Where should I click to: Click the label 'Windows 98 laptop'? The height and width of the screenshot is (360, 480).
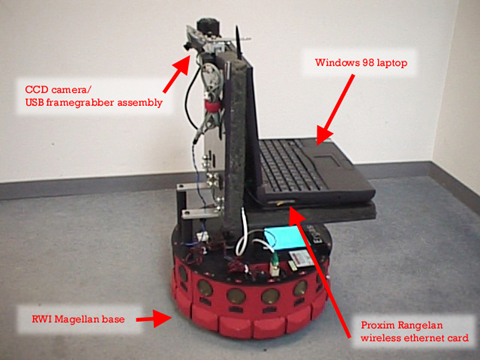pos(361,63)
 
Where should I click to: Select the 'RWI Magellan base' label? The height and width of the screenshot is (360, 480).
pos(78,319)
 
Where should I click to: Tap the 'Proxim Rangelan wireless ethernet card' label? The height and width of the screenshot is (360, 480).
pos(414,331)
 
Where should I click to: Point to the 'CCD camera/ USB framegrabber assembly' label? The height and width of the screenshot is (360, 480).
pos(94,96)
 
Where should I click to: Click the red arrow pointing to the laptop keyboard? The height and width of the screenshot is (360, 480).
pos(335,110)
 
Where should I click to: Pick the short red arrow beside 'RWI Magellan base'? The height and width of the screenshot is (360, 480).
pos(154,319)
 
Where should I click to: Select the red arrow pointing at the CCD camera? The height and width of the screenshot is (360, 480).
pos(177,74)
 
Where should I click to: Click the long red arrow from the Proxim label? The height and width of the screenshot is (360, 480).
pos(320,272)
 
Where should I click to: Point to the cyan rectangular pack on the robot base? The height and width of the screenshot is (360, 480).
pos(283,237)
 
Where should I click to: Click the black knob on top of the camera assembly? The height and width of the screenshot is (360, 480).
pos(208,26)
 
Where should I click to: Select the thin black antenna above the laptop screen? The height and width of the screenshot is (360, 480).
pos(239,43)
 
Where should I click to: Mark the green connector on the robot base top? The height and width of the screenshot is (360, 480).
pos(275,264)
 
